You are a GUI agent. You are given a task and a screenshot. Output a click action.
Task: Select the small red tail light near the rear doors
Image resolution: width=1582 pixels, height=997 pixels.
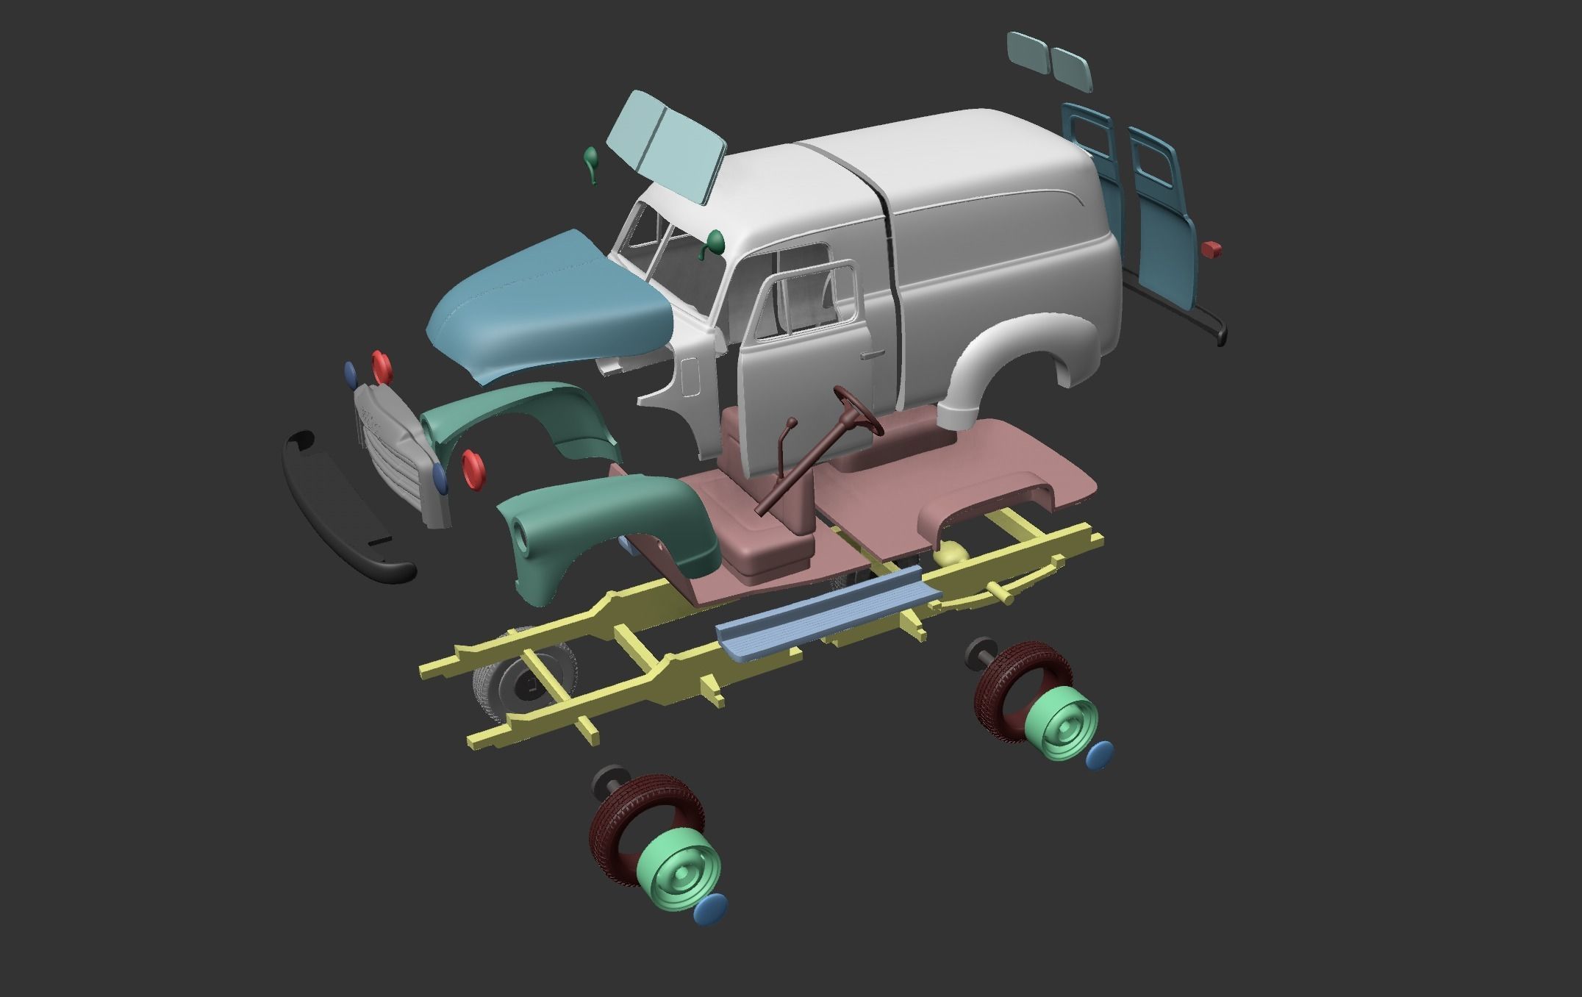point(1211,249)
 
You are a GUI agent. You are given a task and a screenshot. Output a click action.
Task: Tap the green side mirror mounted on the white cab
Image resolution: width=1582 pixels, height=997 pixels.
point(713,243)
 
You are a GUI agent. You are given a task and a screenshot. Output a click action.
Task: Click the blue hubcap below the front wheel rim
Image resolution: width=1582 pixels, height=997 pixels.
point(709,909)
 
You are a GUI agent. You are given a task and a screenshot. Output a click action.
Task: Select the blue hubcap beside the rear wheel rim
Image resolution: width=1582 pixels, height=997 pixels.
point(1099,754)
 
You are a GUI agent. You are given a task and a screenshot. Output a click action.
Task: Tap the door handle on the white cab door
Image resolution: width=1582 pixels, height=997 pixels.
point(872,354)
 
